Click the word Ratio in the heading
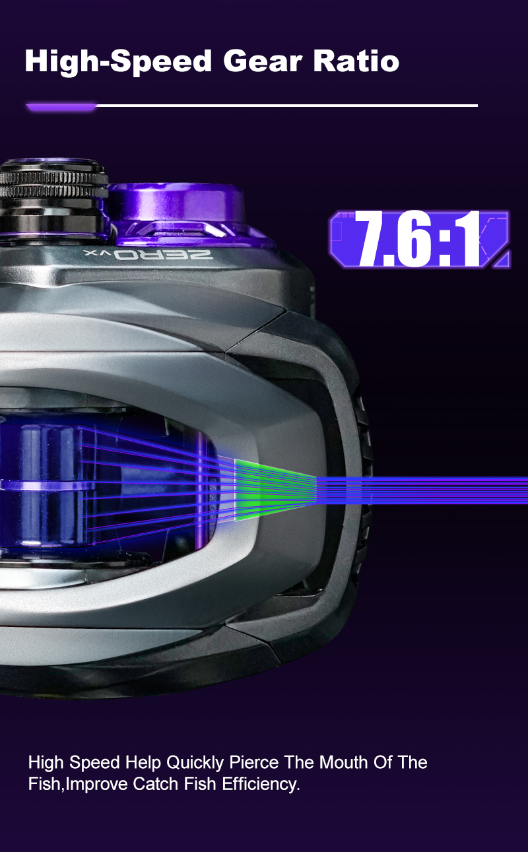(x=356, y=61)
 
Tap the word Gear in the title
(x=263, y=61)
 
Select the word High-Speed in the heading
(x=118, y=63)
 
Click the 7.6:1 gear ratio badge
(x=420, y=240)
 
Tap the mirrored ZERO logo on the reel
(x=148, y=255)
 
